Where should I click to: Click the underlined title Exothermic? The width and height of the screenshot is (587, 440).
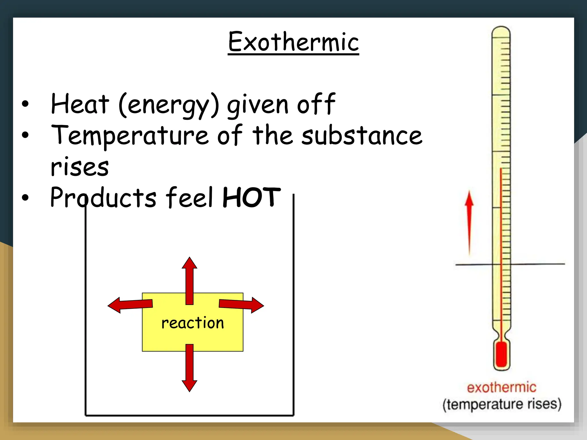coord(293,42)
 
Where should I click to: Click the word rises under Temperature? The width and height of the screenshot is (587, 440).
coord(80,167)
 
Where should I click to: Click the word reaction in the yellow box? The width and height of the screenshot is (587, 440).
coord(193,323)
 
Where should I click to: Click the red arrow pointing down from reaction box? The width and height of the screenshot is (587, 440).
coord(189,368)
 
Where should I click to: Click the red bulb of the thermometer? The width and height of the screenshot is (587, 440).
coord(502,354)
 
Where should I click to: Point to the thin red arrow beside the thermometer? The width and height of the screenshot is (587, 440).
coord(469,222)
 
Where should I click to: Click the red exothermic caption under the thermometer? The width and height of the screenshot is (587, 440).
coord(502,388)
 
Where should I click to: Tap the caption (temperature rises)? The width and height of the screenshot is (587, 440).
coord(502,404)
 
